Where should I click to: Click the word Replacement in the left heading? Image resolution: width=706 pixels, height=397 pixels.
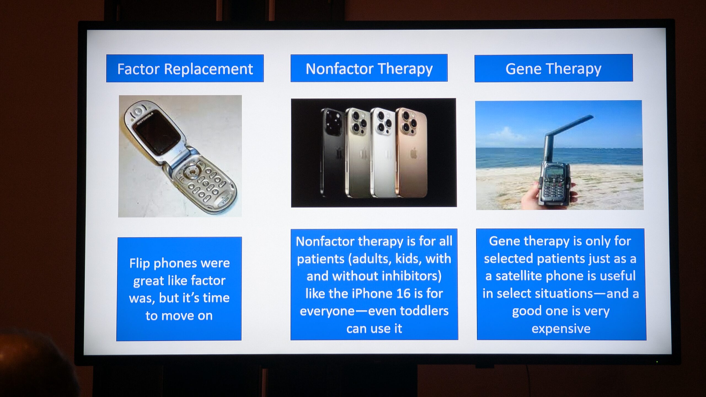tap(208, 69)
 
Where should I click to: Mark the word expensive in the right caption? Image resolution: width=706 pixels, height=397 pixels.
tap(561, 329)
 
